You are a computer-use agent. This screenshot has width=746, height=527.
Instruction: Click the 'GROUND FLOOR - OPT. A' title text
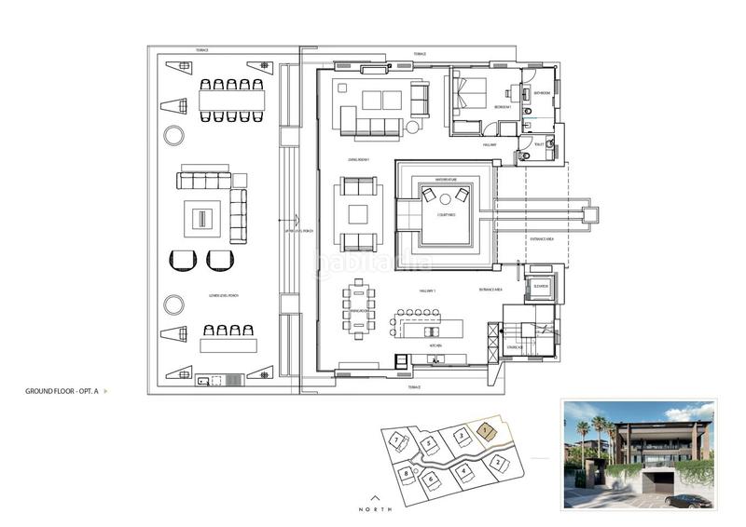[x=62, y=392]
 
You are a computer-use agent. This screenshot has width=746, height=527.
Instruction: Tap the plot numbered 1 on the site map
[x=485, y=431]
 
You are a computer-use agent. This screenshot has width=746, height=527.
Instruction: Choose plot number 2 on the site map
[x=499, y=462]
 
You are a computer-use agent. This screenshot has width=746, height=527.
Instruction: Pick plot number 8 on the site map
[x=407, y=474]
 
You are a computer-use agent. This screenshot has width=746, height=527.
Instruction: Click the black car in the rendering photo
[x=688, y=500]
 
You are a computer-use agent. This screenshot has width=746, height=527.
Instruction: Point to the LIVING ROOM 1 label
[x=360, y=160]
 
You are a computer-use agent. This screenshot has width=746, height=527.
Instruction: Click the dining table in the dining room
[x=360, y=310]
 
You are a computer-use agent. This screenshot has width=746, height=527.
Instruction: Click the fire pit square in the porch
[x=201, y=220]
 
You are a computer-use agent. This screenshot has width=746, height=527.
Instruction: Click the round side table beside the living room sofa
[x=412, y=128]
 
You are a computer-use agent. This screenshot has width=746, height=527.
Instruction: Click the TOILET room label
[x=538, y=143]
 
